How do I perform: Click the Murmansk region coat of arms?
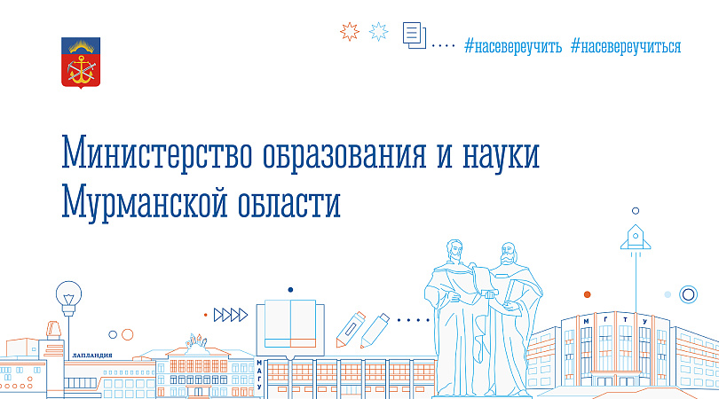coord(81,63)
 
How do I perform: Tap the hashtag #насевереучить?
coord(513,47)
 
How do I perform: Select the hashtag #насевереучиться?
coord(626,47)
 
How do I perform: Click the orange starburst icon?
coord(350,32)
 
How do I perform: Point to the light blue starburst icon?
coord(379,32)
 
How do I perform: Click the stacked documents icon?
coord(415,35)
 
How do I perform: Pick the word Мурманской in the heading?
coord(145,202)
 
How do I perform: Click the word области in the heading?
coord(289,201)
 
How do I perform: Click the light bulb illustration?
coord(68,298)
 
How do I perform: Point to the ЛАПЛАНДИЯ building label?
coord(92,356)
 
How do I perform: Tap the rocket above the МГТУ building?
coord(636,237)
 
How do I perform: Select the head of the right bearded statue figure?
coord(508,254)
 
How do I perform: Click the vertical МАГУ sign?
coord(259,375)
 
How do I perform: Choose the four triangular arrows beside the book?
coord(231,315)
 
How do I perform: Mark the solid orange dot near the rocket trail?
coord(587,294)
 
